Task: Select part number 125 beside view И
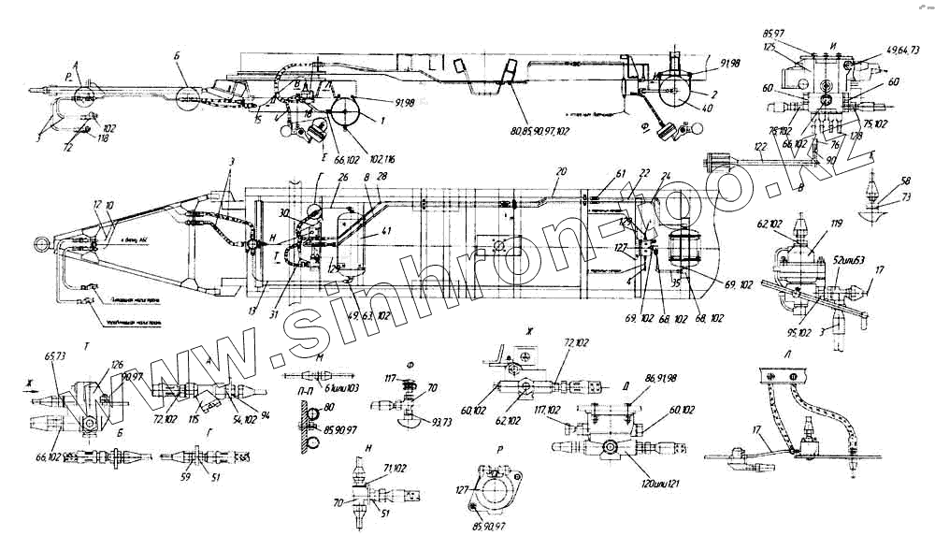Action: click(770, 46)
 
